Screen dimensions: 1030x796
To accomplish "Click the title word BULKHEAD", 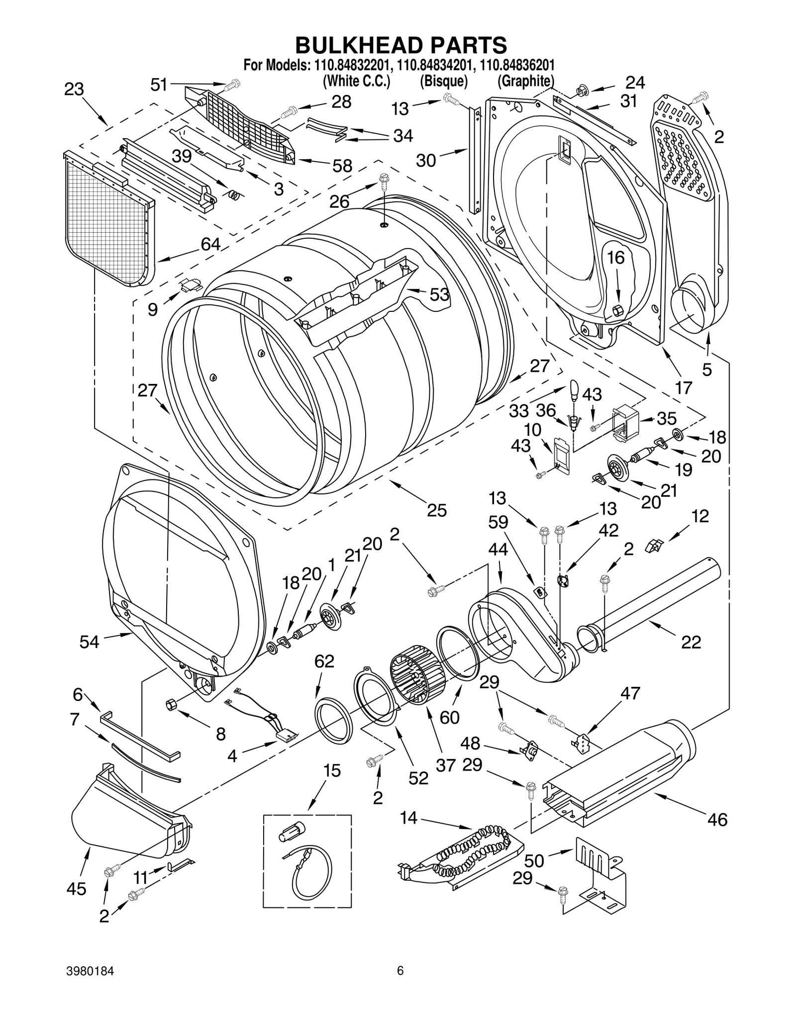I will (x=355, y=45).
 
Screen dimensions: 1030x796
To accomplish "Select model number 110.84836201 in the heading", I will (x=517, y=65).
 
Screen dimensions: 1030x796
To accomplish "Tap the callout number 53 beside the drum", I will (x=439, y=294).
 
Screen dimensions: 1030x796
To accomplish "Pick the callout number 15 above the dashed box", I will (x=332, y=770).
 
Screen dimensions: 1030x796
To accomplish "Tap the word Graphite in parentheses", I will (x=526, y=81).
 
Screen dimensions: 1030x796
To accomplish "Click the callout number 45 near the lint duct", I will (x=76, y=889).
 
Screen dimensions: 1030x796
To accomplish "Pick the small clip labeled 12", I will (x=653, y=546).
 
